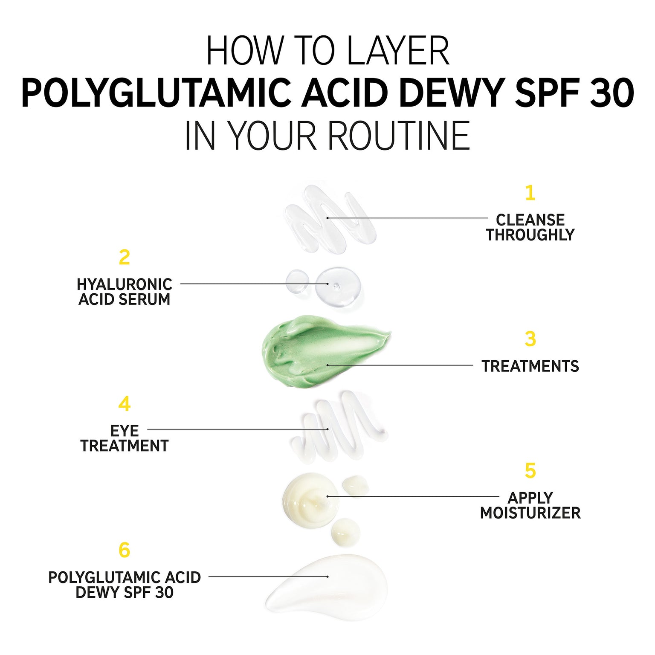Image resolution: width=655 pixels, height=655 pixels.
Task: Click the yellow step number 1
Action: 530,193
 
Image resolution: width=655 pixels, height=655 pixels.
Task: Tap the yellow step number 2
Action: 124,257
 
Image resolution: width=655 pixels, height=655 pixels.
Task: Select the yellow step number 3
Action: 530,339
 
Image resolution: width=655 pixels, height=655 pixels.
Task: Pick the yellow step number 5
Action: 530,470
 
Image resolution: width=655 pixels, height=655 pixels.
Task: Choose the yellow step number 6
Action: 124,550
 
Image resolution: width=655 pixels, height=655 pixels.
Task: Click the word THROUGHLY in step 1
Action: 530,235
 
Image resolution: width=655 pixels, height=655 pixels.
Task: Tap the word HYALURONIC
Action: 125,284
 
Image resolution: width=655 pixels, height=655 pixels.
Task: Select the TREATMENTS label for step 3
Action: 530,366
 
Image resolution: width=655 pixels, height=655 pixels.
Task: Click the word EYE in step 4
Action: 125,431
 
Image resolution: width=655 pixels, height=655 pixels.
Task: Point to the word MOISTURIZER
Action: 530,513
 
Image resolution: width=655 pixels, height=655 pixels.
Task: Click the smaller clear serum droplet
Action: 297,281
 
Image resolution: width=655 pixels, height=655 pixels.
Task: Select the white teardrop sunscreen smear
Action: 326,582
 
